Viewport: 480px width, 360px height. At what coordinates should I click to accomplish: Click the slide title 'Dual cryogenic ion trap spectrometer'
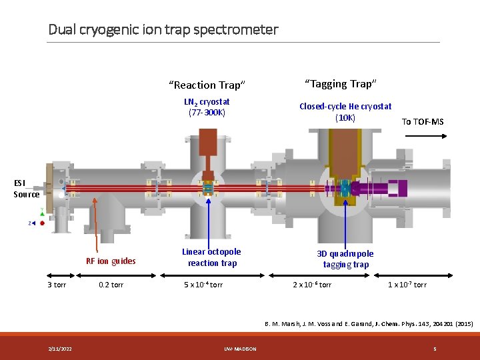(163, 29)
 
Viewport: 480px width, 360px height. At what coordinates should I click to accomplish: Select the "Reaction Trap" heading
(207, 85)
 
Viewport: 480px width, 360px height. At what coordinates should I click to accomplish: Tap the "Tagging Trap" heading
(341, 83)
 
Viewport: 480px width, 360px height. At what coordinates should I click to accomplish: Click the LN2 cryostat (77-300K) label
(207, 107)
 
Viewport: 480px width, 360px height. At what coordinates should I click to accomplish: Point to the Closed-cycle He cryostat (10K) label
(345, 112)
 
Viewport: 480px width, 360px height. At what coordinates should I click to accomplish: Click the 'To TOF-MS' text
(422, 121)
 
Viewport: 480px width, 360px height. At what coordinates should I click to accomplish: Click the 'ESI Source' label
(26, 188)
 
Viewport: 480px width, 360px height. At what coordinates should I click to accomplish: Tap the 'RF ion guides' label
(111, 261)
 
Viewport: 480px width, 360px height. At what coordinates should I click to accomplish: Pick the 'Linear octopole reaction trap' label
(211, 257)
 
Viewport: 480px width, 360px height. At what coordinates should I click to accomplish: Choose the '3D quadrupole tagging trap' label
(345, 259)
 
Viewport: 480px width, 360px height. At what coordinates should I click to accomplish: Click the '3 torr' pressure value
(57, 285)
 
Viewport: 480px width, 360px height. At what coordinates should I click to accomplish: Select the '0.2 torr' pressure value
(111, 285)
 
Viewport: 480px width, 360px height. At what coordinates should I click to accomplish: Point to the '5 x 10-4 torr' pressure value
(203, 285)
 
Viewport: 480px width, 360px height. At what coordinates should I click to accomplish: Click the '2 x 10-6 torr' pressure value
(312, 285)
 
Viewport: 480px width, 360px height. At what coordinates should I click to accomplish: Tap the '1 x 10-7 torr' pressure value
(407, 285)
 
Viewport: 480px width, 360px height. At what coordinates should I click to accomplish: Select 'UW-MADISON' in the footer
(241, 349)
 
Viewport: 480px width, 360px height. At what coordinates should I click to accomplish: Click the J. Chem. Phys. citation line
(369, 323)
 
